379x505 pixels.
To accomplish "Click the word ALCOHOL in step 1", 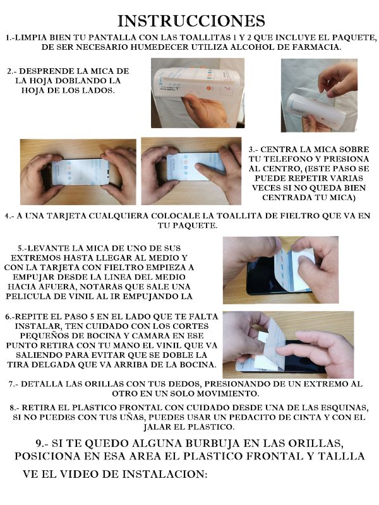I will [x=267, y=47].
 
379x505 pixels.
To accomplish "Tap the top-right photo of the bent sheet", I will [x=320, y=95].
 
